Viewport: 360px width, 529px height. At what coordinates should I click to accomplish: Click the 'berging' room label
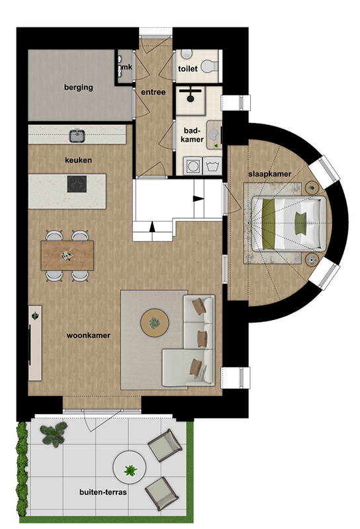point(78,87)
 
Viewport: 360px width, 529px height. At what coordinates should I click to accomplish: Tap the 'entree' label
point(153,92)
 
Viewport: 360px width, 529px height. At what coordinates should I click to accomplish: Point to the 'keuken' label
point(78,161)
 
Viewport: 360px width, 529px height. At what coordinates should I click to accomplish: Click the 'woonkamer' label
point(88,335)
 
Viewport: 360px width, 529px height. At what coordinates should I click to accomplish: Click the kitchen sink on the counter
point(77,136)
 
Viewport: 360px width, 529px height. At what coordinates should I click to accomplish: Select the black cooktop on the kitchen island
point(77,183)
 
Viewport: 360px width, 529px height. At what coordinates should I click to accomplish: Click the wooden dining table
point(67,255)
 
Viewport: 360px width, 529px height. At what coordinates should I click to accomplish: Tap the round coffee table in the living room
point(154,323)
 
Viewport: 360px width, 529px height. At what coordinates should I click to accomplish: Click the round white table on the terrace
point(130,470)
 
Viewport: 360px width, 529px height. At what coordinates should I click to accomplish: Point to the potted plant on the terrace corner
point(52,434)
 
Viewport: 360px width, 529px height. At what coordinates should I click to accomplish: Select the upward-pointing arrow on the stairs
point(153,227)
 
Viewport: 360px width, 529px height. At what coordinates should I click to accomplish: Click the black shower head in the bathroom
point(191,97)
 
